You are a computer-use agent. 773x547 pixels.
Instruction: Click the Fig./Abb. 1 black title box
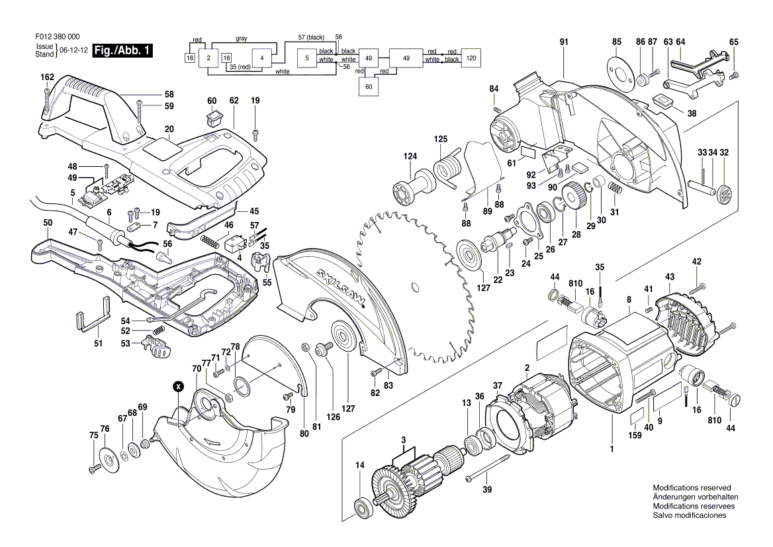coord(123,51)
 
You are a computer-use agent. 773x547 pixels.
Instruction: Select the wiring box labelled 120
coord(471,58)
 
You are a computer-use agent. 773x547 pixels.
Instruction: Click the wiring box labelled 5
coord(306,58)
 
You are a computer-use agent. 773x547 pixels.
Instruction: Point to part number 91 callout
coord(564,42)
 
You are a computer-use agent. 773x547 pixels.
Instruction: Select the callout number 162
coord(47,77)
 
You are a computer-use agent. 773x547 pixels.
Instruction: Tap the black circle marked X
coord(177,385)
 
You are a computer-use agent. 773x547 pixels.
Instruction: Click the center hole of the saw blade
coord(415,287)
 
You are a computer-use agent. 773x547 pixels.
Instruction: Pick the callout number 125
coord(441,139)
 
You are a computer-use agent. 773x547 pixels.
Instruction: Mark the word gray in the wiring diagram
coord(241,38)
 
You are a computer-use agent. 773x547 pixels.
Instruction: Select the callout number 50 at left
coord(48,223)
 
